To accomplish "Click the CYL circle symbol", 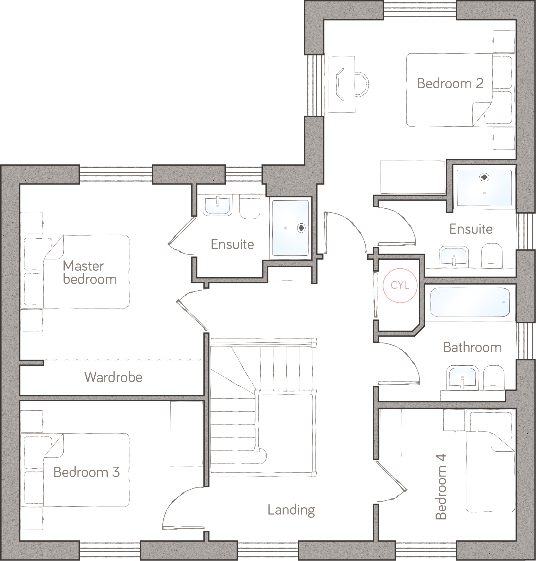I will click(400, 285).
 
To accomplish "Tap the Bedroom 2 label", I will click(450, 84).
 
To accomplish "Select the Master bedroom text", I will click(89, 273).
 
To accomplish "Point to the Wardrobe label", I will click(113, 377).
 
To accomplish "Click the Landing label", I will click(291, 510).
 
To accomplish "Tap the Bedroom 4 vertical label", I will click(441, 487).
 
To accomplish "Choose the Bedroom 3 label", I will click(86, 472).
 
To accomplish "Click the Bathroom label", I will click(472, 347).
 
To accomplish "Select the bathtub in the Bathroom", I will click(470, 302).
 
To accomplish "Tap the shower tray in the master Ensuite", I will click(290, 228).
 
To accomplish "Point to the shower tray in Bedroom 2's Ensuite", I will click(484, 188).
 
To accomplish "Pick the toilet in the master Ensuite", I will click(250, 206).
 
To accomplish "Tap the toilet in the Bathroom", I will click(494, 377).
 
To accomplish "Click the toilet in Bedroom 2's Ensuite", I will click(492, 255).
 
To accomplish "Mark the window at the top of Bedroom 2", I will click(420, 10).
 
